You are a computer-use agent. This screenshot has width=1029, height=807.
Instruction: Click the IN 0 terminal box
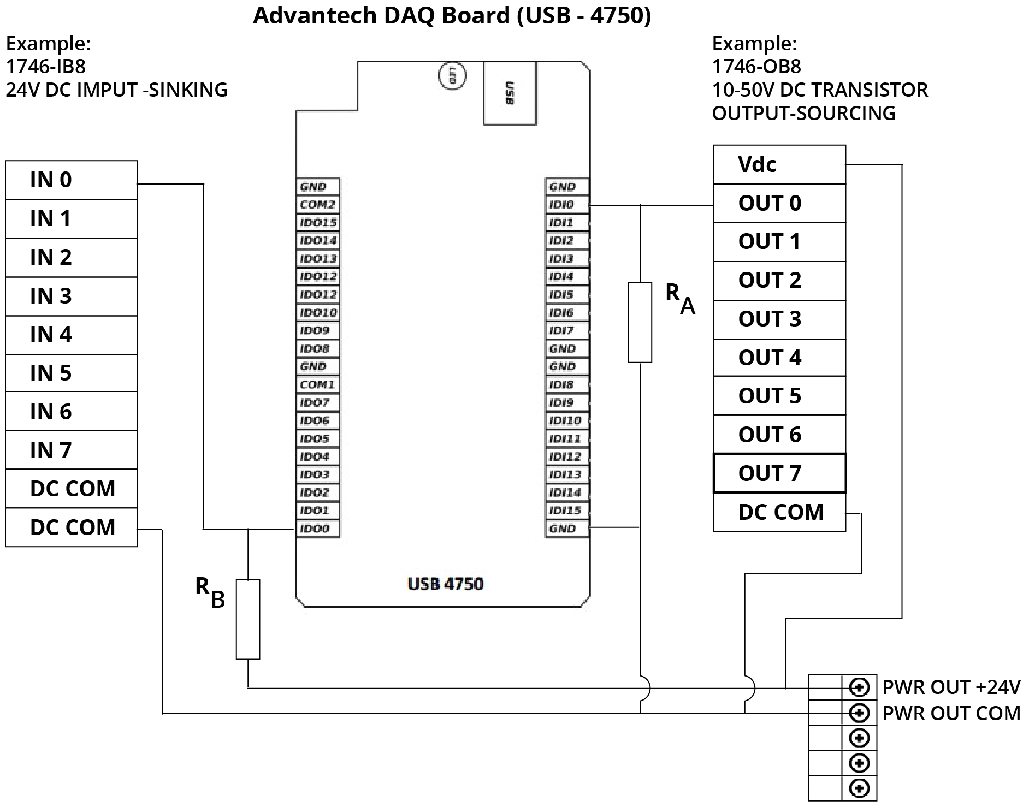tap(71, 180)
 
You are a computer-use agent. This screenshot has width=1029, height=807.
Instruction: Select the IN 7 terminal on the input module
tap(71, 450)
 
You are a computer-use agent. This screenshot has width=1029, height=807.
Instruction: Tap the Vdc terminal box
tap(779, 164)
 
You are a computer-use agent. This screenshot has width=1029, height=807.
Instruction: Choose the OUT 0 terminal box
tap(779, 203)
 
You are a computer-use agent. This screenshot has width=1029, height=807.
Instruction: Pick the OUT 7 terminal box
tap(779, 473)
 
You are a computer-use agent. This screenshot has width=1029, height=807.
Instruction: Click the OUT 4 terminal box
tap(779, 358)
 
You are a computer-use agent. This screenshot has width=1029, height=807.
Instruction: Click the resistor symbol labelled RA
tap(640, 322)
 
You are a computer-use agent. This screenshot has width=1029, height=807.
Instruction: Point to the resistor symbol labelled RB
tap(248, 619)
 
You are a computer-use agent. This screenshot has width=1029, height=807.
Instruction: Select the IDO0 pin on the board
tap(317, 529)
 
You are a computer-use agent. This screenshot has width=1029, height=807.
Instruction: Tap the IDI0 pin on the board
tap(566, 205)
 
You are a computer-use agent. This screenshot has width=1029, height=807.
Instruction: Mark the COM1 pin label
tap(317, 384)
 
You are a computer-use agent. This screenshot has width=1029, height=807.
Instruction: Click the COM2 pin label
tap(317, 205)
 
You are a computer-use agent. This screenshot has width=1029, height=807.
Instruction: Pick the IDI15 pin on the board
tap(566, 511)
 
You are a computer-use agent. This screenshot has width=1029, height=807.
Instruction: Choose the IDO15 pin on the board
tap(317, 223)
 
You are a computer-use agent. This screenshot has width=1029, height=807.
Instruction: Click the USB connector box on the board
tap(510, 93)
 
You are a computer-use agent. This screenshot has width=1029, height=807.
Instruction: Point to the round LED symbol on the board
tap(452, 76)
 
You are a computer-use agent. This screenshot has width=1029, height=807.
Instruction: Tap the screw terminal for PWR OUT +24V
tap(859, 687)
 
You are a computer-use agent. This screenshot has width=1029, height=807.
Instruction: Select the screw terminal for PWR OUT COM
tap(859, 713)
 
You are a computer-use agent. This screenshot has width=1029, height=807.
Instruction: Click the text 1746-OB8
tap(756, 67)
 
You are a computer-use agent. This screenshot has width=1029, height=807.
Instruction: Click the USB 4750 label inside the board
tap(445, 584)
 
